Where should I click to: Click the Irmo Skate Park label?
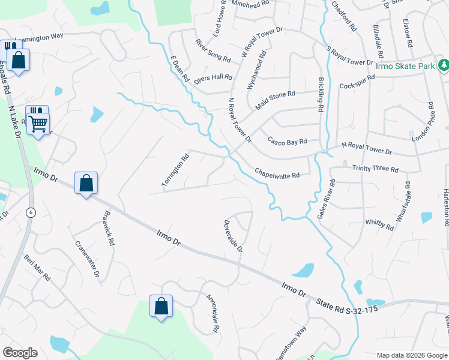coord(405,66)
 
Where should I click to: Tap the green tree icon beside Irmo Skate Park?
coord(443,64)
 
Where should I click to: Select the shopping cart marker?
coord(39,124)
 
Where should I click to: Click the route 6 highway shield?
coord(31,212)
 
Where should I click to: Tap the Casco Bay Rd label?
coord(287,142)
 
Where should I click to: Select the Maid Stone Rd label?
coord(275,98)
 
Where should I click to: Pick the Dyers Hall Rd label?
coord(213,77)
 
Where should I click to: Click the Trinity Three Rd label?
coord(375,169)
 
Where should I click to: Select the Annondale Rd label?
coord(213,314)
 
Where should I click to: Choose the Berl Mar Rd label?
coord(37,267)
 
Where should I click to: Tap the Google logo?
coord(20,353)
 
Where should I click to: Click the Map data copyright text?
coord(411,355)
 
